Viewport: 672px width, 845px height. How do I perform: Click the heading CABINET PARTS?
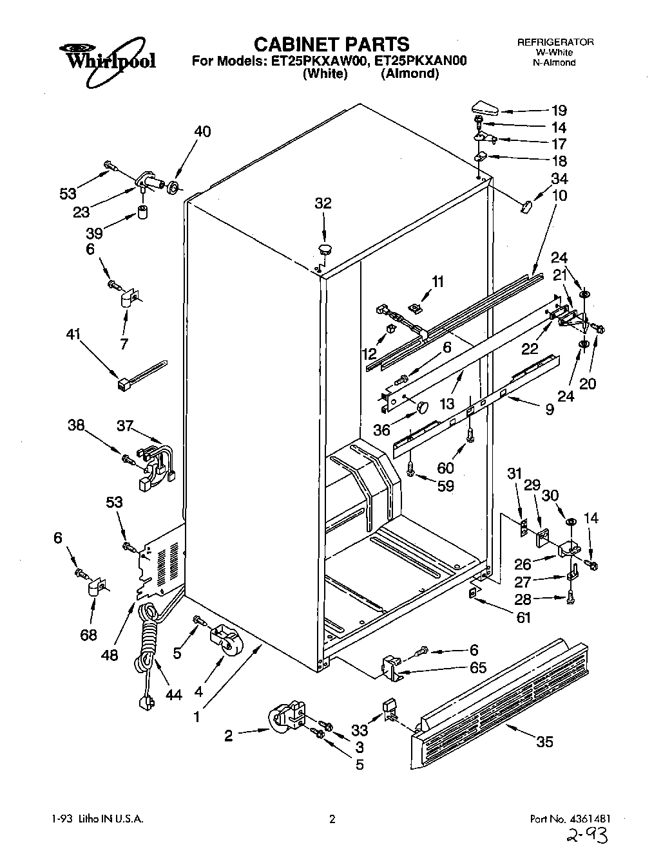click(x=331, y=44)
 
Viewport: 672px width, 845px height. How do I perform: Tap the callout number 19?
click(x=559, y=110)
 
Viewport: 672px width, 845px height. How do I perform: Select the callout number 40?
click(x=202, y=131)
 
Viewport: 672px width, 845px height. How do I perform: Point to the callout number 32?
click(x=323, y=203)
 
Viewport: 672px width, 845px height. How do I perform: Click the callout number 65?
click(x=477, y=667)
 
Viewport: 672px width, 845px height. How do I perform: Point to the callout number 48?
click(x=110, y=655)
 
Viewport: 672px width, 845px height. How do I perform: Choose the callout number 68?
click(x=89, y=636)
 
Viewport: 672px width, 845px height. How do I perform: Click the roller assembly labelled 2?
click(x=287, y=718)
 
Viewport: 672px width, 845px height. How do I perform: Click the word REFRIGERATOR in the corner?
click(x=555, y=42)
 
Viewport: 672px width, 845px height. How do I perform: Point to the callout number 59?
click(x=445, y=486)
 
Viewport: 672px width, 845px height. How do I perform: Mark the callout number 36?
click(x=382, y=429)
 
